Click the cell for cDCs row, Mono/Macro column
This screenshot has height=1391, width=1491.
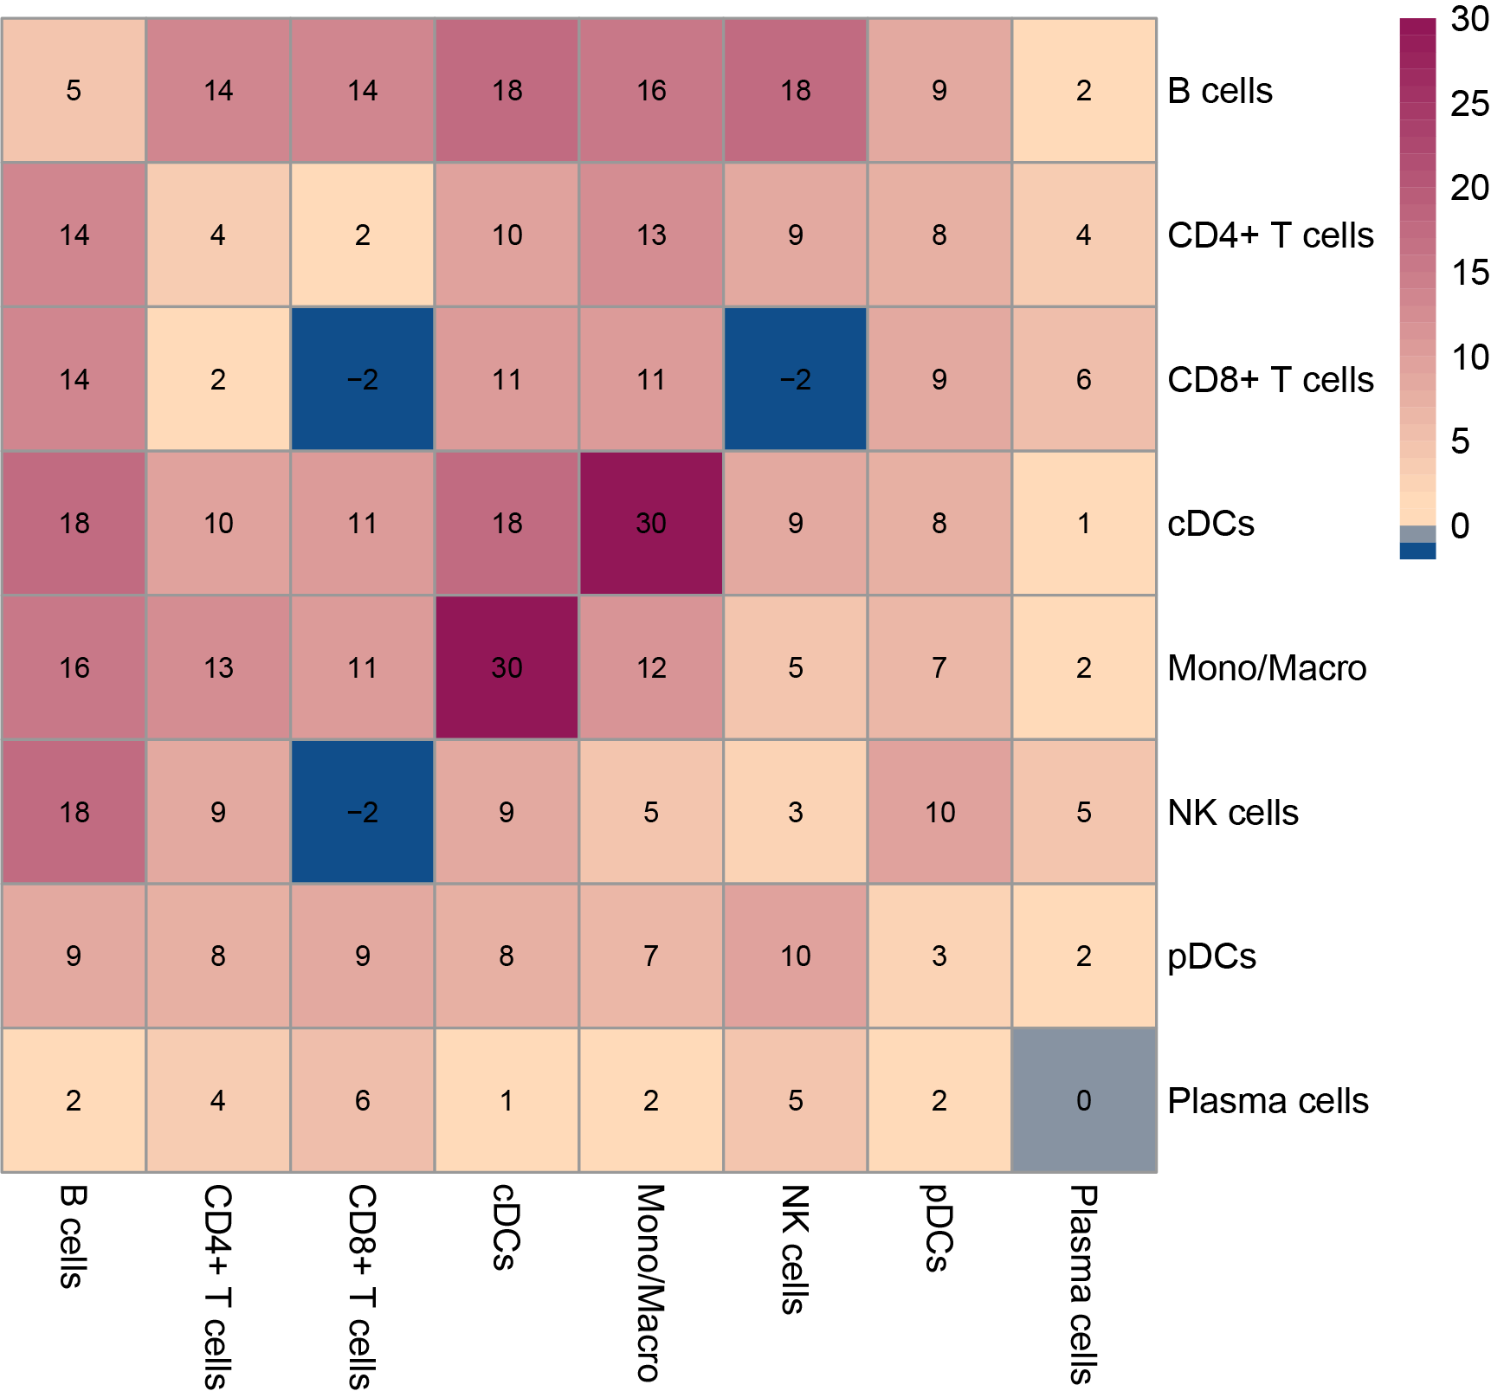(651, 523)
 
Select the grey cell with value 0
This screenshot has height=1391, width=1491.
(1084, 1100)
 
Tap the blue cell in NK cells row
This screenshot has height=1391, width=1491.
(362, 812)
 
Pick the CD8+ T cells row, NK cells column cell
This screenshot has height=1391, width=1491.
(796, 379)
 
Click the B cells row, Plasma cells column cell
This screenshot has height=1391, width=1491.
(1084, 90)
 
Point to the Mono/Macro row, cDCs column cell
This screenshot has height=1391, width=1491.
(507, 667)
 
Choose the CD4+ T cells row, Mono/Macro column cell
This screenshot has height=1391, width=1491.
(651, 235)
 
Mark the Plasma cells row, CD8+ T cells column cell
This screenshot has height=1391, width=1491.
(362, 1100)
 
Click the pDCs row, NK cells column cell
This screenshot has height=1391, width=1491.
(796, 956)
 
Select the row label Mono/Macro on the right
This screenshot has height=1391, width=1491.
(1267, 668)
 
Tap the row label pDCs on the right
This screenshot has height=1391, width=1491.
(1211, 956)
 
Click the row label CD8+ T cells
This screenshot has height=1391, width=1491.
(1270, 380)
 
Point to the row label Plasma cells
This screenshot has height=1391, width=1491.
(1268, 1101)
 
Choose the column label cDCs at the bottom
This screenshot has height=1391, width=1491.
(506, 1227)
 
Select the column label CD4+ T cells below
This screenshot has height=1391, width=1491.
(217, 1285)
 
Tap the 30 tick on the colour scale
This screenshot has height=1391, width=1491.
(1468, 19)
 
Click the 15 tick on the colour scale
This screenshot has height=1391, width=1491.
(1468, 273)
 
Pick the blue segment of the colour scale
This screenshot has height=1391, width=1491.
(1417, 551)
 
